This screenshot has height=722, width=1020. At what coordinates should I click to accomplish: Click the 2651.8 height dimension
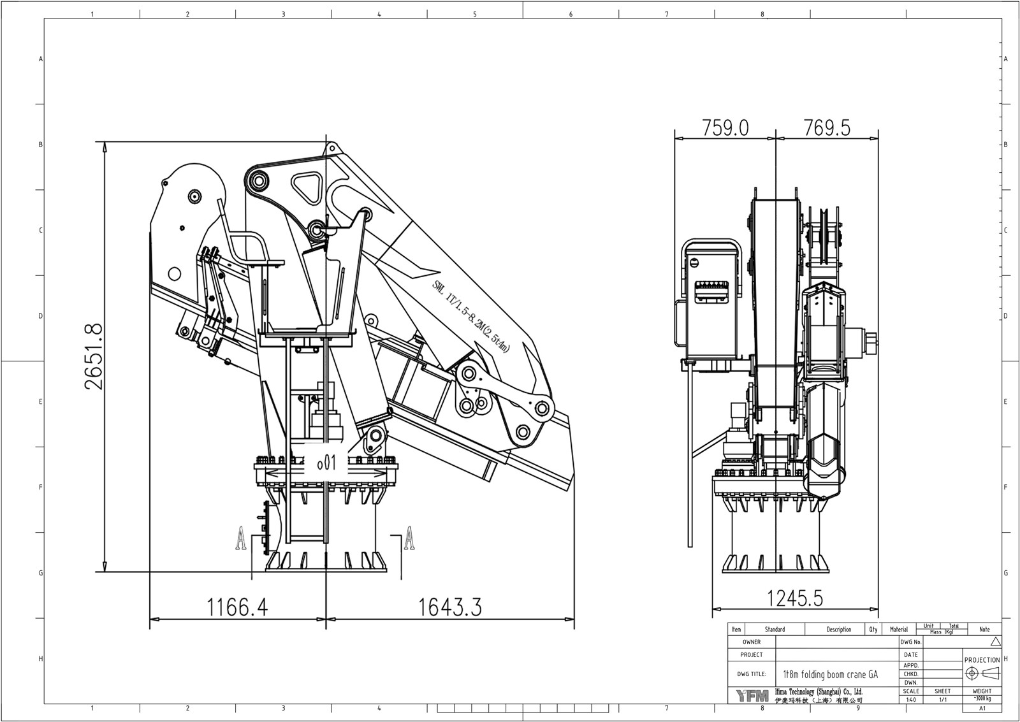pos(92,357)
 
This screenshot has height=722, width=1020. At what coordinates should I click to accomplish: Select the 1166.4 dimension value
pos(237,607)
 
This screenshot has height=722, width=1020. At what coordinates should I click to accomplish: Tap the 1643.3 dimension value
pos(449,607)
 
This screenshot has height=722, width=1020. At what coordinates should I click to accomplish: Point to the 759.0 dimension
pos(725,127)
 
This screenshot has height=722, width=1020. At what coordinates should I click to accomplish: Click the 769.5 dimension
pos(827,127)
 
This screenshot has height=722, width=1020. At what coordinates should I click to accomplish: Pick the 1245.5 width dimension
pos(794,598)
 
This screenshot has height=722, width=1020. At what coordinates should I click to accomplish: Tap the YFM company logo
pos(752,696)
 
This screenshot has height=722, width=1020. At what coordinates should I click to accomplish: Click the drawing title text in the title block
pos(830,674)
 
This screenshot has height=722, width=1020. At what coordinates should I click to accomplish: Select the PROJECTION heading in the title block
pos(982,660)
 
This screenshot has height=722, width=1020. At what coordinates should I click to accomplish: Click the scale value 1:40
pos(911,700)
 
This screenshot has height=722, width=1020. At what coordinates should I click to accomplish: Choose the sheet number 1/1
pos(942,700)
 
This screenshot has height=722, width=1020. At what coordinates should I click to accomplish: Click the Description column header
pos(838,630)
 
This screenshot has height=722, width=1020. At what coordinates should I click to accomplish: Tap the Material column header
pos(898,630)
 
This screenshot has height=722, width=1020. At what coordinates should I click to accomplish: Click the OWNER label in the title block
pos(752,642)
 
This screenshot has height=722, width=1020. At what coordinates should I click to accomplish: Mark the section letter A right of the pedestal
pos(410,538)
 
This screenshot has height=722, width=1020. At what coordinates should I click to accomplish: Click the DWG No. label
pos(911,642)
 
